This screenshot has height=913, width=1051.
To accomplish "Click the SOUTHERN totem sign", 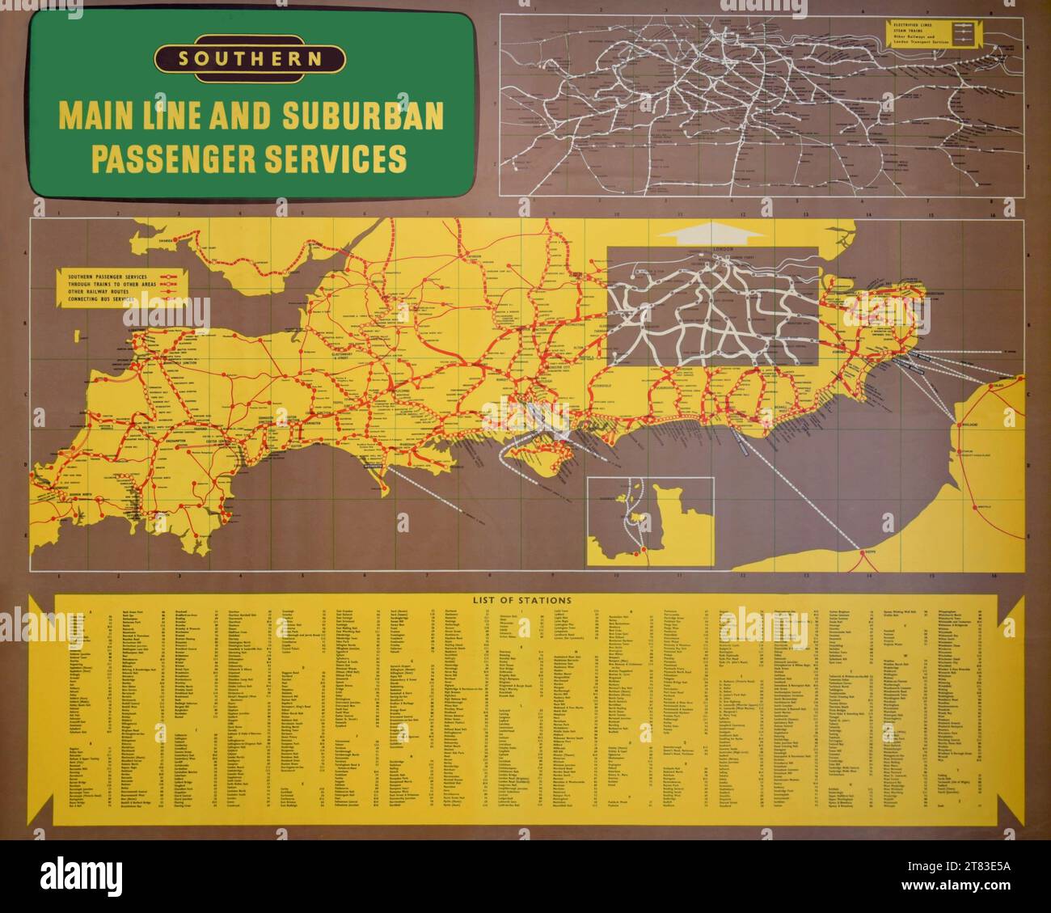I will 251,58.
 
